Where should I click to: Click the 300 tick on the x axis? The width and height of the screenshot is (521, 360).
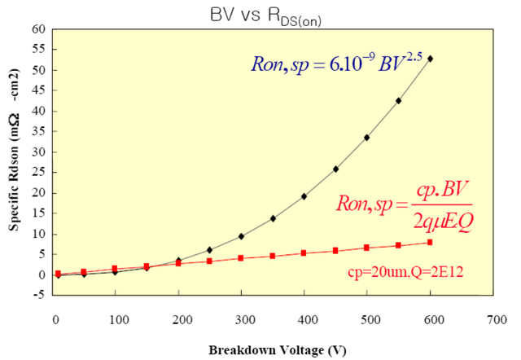pyautogui.click(x=242, y=320)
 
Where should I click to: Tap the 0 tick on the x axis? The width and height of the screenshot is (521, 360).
pyautogui.click(x=55, y=320)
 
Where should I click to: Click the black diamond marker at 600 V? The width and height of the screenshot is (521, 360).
pyautogui.click(x=431, y=59)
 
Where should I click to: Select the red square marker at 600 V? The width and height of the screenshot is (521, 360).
pyautogui.click(x=431, y=242)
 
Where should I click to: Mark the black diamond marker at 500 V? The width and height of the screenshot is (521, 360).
pyautogui.click(x=367, y=138)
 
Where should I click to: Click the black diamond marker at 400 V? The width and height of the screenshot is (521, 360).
pyautogui.click(x=304, y=196)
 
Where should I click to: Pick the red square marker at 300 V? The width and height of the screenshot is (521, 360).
pyautogui.click(x=241, y=258)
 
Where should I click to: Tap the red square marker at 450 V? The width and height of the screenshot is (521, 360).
pyautogui.click(x=335, y=251)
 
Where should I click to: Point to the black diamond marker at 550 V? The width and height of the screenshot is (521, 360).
pyautogui.click(x=399, y=101)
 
